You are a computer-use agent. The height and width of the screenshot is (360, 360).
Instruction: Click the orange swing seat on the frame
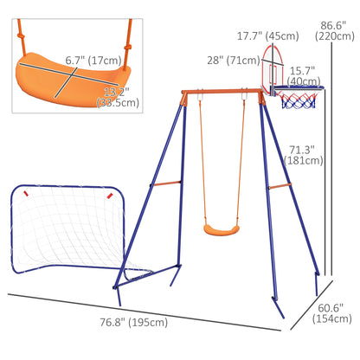(x=219, y=228)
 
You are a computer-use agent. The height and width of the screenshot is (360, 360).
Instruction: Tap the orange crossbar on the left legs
(x=164, y=183)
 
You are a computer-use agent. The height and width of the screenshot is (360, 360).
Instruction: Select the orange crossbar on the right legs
(x=279, y=185)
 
